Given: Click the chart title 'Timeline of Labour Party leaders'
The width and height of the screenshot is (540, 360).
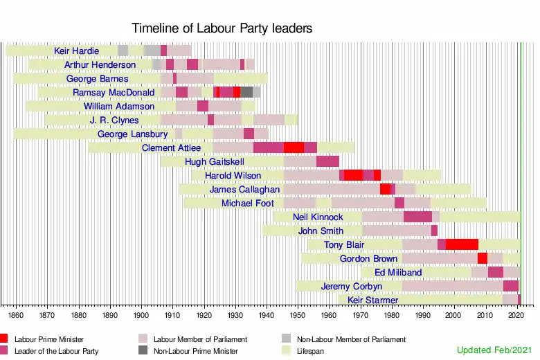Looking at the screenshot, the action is tap(222, 28).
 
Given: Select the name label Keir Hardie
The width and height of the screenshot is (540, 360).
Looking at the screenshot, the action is tap(76, 51).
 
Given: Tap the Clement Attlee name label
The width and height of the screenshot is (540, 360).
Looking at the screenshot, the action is tap(171, 147).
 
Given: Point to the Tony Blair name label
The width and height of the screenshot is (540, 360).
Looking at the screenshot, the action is tap(343, 245).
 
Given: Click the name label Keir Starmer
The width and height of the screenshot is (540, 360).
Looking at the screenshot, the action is tap(372, 300).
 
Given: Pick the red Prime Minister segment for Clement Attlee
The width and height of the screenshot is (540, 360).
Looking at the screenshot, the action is tap(294, 147).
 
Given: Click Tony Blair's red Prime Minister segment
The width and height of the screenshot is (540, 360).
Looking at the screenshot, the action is tap(462, 244).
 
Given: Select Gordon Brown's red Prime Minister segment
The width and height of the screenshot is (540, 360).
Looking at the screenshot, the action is tap(483, 258).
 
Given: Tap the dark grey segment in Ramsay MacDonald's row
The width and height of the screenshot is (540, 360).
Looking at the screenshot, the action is tap(246, 92).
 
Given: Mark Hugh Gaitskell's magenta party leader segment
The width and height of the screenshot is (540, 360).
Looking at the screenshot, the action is tap(327, 161).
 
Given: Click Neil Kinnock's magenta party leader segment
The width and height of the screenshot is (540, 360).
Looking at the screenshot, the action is tap(417, 217).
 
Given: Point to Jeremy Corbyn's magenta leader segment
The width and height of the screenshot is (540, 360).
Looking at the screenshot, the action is tap(511, 286).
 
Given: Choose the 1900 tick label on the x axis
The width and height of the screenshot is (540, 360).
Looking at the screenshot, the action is tap(141, 315).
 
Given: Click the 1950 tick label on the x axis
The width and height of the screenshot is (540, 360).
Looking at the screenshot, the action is tap(298, 315).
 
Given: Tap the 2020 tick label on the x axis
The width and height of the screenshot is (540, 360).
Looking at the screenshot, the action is tap(516, 315).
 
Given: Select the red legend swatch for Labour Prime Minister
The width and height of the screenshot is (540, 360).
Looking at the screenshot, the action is tap(3, 339).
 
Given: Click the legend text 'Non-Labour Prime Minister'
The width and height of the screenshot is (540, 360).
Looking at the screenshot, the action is tap(196, 352).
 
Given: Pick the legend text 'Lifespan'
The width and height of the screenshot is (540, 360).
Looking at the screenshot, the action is tap(310, 352).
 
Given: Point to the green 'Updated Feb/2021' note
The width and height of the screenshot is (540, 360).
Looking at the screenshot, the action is tap(494, 350).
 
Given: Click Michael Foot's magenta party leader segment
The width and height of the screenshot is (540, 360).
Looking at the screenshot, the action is tap(399, 203).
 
